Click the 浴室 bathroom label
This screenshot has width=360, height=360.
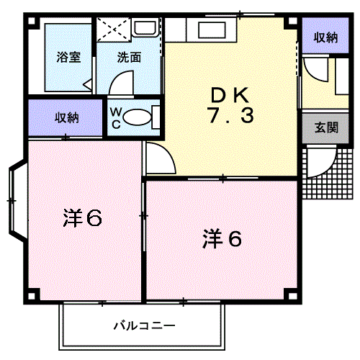tap(68, 58)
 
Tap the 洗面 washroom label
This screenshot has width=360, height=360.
tap(129, 58)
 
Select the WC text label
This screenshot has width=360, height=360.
tap(116, 118)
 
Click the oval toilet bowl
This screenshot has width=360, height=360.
tap(138, 117)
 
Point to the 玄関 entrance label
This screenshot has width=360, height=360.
tap(326, 127)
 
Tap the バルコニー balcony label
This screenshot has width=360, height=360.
tap(145, 325)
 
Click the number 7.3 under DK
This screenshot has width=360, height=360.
tap(231, 116)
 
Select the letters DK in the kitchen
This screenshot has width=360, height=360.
tap(230, 95)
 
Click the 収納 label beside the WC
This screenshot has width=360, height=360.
tap(67, 118)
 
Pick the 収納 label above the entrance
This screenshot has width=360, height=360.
tap(325, 37)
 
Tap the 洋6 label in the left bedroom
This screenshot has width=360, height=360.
tap(82, 217)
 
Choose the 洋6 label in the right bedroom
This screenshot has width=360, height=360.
tap(222, 239)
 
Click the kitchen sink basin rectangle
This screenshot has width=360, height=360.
tap(212, 30)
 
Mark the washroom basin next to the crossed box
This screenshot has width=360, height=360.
tap(145, 27)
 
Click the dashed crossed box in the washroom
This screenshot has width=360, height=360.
tap(114, 30)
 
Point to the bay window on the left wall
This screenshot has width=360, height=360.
tap(17, 201)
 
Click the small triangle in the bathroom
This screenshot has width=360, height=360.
tap(88, 84)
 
